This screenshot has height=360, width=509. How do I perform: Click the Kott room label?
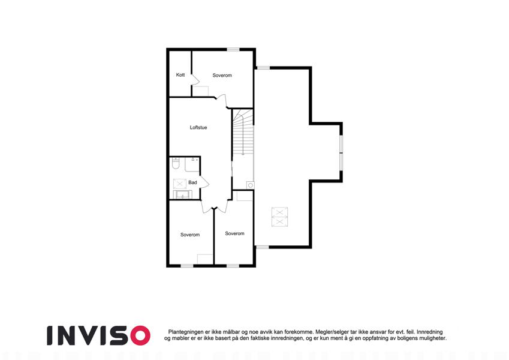click(180, 75)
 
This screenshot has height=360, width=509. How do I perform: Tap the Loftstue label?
click(198, 127)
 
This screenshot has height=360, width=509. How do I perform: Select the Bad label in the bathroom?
click(192, 182)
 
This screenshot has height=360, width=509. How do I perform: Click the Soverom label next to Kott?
click(222, 76)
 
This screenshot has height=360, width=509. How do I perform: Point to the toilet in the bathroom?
click(176, 163)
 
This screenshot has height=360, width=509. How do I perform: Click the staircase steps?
click(243, 132)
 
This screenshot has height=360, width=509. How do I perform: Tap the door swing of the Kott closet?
click(195, 80)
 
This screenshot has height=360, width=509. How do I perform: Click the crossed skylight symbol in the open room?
click(279, 217)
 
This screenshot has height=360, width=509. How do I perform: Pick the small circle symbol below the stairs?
click(251, 185)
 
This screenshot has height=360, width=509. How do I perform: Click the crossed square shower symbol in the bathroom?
click(179, 184)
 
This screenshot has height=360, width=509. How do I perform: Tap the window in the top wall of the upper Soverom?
click(233, 49)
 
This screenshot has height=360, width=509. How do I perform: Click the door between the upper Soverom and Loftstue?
click(222, 101)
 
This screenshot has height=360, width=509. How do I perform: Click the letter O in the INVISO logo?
click(140, 335)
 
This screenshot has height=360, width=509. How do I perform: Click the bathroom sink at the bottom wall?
click(182, 194)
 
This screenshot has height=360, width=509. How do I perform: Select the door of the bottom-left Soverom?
click(207, 206)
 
